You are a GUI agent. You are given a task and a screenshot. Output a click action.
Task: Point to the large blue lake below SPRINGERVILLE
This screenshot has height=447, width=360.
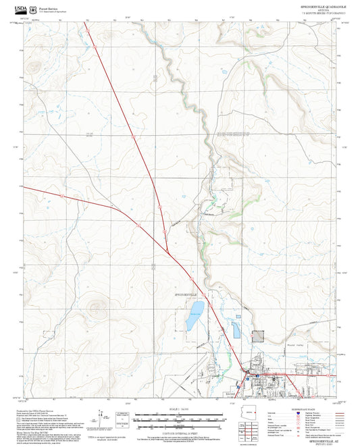[x=195, y=311]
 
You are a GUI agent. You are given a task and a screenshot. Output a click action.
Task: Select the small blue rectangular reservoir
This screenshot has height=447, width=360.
[x=236, y=330]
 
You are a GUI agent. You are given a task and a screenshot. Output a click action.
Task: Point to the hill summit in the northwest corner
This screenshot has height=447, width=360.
[x=32, y=66]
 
